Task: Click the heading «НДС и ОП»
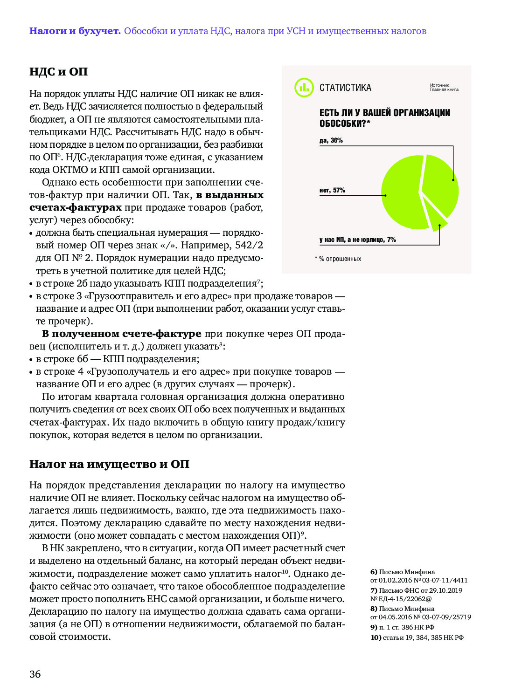58,72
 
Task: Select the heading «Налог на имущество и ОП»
109,464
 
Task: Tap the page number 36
35,674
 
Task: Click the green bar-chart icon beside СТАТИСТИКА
304,87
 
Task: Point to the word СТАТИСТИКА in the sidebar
345,88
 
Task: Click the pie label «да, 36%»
331,140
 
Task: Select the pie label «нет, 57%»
332,190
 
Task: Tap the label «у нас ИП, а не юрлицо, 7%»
357,240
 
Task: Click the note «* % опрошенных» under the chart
338,259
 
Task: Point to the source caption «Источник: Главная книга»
444,87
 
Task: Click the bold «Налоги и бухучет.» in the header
75,31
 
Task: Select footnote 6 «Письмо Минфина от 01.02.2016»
418,576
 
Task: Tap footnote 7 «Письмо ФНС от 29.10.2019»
416,595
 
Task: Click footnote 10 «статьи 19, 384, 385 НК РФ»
417,637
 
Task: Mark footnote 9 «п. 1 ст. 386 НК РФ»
402,627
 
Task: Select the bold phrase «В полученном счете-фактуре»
121,334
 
